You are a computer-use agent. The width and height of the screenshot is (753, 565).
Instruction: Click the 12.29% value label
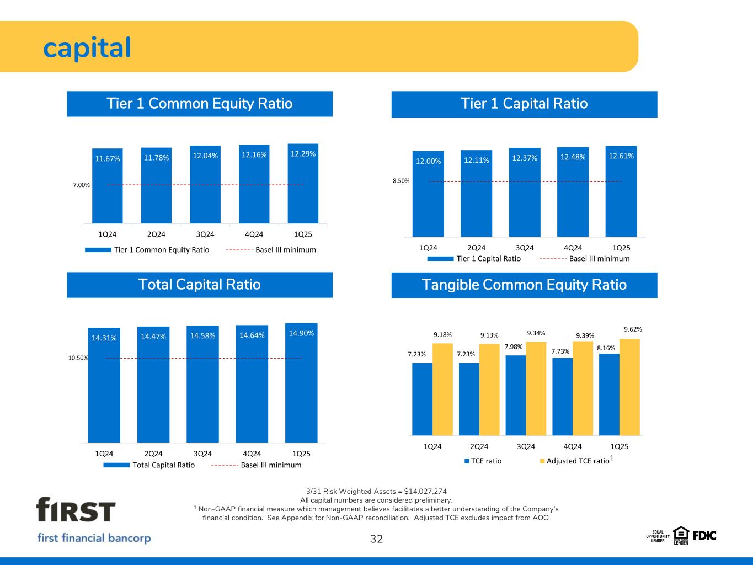[x=303, y=154]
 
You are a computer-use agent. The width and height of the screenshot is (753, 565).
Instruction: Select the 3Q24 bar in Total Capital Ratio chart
[x=202, y=384]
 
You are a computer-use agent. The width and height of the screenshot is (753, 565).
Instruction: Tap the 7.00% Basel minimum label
[x=81, y=185]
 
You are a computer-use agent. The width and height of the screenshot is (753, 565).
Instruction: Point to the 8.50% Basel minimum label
[x=401, y=181]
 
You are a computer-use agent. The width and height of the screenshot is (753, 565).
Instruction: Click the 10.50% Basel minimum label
[x=78, y=358]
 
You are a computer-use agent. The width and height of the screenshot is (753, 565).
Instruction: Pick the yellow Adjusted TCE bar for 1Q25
[x=629, y=387]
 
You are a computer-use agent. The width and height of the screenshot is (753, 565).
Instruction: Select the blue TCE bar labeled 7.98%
[x=516, y=395]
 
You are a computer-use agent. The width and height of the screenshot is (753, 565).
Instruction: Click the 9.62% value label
[x=633, y=329]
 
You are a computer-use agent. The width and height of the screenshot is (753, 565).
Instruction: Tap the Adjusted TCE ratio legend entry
[x=576, y=460]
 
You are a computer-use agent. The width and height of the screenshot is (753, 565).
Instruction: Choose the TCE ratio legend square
[x=467, y=461]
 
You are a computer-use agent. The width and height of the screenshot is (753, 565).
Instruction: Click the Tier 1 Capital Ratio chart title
[x=524, y=103]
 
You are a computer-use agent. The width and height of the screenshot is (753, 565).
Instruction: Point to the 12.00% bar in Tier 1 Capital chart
[x=428, y=194]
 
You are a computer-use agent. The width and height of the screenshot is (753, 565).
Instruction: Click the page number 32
[x=376, y=539]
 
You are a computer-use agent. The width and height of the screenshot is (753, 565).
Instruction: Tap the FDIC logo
[x=704, y=536]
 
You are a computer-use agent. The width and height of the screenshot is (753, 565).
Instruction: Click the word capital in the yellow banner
[x=87, y=48]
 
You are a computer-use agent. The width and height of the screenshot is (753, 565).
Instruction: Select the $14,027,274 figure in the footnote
[x=425, y=491]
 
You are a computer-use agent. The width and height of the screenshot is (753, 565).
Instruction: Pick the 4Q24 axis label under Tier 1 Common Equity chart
[x=254, y=234]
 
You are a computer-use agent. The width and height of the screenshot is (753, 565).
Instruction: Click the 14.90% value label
[x=301, y=333]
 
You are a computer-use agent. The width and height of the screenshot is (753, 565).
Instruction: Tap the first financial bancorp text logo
[x=94, y=538]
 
